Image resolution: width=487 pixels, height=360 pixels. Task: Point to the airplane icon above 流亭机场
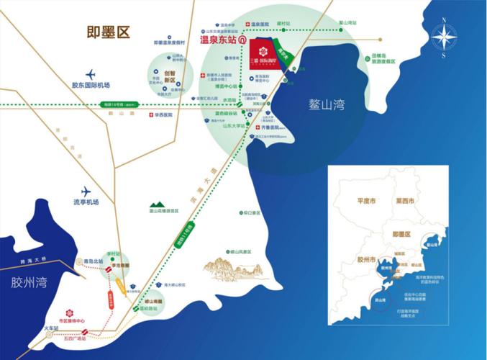click(87, 192)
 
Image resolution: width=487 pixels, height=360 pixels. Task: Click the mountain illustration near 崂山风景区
click(230, 271)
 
